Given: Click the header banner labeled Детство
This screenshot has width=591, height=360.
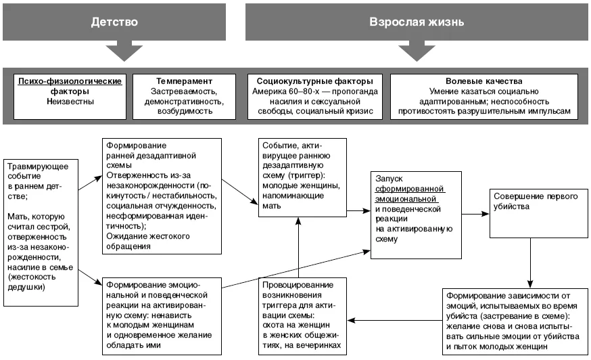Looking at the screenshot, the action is [x=114, y=22].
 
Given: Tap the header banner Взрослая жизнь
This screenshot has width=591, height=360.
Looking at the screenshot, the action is [x=417, y=22].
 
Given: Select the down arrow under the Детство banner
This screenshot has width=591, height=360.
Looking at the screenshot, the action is [x=124, y=53].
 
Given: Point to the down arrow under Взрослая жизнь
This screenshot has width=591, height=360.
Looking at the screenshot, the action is [x=417, y=53].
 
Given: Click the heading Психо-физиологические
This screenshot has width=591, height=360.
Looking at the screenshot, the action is [x=70, y=81].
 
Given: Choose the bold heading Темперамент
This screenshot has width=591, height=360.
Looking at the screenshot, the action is [x=185, y=81].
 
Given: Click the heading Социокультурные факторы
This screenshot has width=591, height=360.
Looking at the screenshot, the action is [x=314, y=81].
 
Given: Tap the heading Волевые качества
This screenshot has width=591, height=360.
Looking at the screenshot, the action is [x=484, y=81].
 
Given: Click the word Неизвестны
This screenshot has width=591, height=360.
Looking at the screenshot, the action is [x=70, y=102].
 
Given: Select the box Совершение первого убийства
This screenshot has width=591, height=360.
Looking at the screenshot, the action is [x=539, y=214].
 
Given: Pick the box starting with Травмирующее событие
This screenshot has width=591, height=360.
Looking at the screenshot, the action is [x=41, y=233].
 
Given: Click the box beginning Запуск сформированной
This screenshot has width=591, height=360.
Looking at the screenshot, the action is [x=416, y=215].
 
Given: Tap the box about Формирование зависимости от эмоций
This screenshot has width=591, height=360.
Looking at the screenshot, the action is [x=515, y=322].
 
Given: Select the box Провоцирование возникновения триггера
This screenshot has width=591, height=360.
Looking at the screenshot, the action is [x=302, y=316].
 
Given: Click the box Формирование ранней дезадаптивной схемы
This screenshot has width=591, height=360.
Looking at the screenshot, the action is [x=162, y=196].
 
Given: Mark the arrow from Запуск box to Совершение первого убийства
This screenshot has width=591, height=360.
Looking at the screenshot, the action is [x=475, y=214].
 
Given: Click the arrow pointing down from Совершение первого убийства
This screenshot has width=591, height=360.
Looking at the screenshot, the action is [x=530, y=263].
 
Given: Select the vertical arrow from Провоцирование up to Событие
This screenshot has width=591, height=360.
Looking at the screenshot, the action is [x=298, y=248].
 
